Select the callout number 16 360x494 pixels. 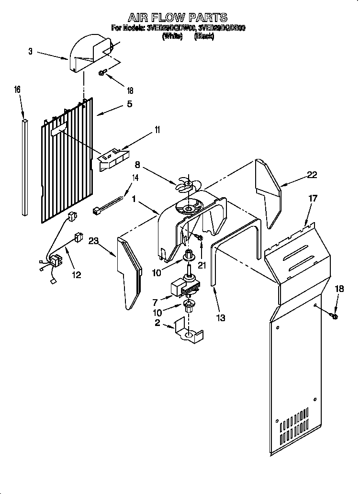[x=17, y=90]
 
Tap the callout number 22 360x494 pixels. [x=312, y=175]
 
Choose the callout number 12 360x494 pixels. [x=76, y=275]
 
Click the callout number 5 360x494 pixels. [x=129, y=104]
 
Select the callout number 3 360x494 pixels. [x=30, y=52]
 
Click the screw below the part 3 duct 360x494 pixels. [x=102, y=73]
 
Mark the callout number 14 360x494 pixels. [x=135, y=178]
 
